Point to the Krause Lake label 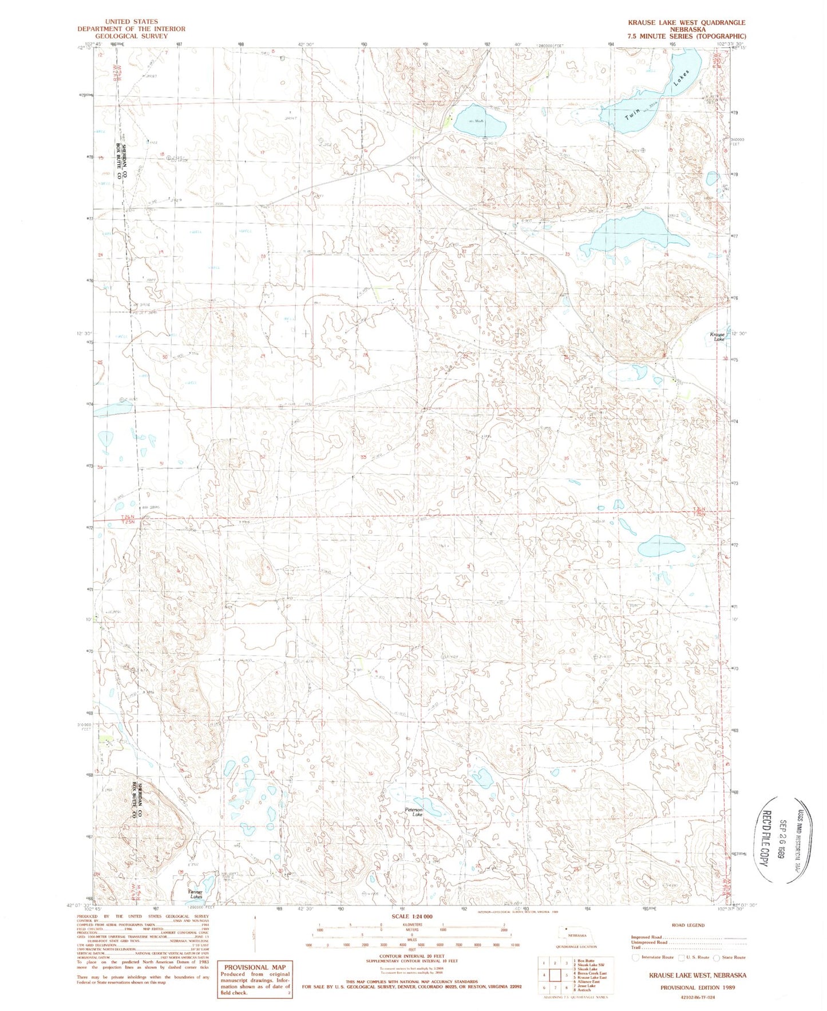coord(717,336)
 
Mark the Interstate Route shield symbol coord(636,957)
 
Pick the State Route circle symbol coord(717,957)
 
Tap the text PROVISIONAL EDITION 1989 coord(697,988)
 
